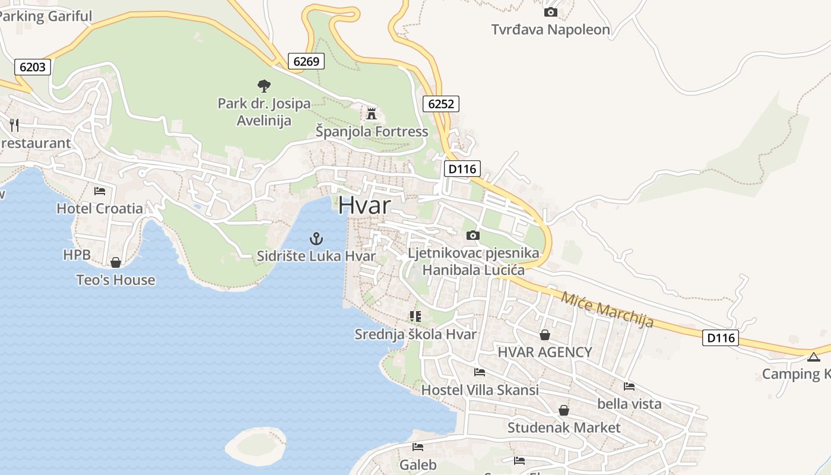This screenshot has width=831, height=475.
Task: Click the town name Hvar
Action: [x=364, y=205]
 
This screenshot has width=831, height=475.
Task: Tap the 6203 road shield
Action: [x=33, y=67]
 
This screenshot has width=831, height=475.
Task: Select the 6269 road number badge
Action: [x=306, y=61]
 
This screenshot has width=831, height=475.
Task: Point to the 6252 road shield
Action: [x=441, y=104]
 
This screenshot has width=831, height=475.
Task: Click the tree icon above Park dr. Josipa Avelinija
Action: [x=264, y=86]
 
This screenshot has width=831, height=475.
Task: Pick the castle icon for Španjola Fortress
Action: [x=372, y=113]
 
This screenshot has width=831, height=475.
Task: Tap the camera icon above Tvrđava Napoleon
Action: [x=550, y=12]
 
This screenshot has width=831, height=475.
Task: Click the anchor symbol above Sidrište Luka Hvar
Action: [x=316, y=239]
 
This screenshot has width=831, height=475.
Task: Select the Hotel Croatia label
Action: [x=100, y=208]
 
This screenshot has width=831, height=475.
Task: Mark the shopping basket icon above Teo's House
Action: [x=116, y=262]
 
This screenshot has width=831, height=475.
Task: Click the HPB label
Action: [x=77, y=255]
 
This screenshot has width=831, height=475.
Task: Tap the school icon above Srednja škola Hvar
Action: [x=415, y=316]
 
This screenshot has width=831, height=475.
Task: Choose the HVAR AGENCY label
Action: [x=545, y=352]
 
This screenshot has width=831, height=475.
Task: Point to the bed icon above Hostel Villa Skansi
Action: [x=480, y=372]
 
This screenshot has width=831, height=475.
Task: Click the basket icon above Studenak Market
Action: [x=563, y=410]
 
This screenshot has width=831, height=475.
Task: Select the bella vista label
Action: [x=629, y=404]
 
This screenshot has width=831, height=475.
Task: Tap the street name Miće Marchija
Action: [x=607, y=309]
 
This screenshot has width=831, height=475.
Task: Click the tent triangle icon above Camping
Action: [x=813, y=357]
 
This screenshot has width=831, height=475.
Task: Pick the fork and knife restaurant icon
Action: [x=14, y=125]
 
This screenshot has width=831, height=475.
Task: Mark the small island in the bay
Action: [x=255, y=445]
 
